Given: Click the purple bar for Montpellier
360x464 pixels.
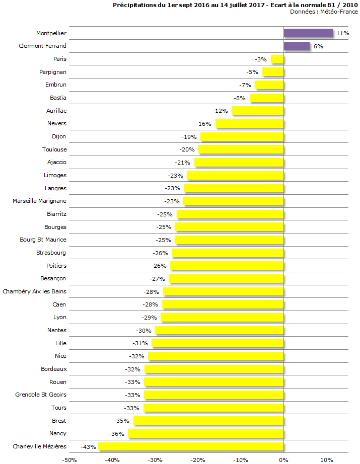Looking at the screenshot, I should [308, 33].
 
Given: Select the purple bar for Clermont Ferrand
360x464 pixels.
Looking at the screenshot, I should [296, 46].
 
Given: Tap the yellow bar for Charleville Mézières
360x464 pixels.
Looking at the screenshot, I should [191, 446].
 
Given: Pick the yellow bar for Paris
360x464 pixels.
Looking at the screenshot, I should [277, 59].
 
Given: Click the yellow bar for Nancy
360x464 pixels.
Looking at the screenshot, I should [205, 434].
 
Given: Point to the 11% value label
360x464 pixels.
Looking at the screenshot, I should [343, 33].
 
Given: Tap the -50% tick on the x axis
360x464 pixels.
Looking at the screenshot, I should [69, 459].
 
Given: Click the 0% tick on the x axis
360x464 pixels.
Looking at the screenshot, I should [283, 459].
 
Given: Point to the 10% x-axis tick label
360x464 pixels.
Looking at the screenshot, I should [327, 459].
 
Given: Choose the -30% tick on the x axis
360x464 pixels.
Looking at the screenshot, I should [155, 459].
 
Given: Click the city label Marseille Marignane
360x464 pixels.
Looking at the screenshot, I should [39, 201].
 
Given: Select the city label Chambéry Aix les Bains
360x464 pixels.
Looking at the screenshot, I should [34, 291].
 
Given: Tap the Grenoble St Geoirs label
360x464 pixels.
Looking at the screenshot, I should [41, 395].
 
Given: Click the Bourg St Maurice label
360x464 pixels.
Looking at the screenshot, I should [43, 240].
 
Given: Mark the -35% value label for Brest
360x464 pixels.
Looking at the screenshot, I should [121, 421].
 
